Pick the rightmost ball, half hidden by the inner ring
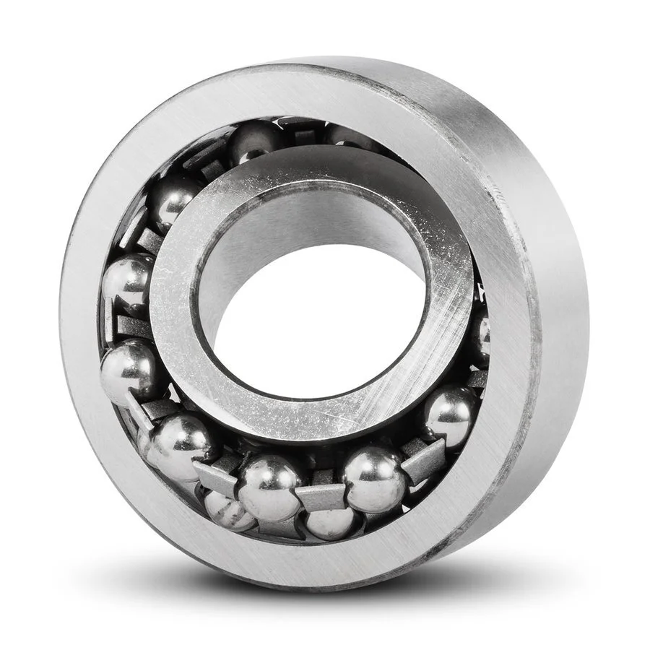[481, 337]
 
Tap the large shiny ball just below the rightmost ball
[449, 416]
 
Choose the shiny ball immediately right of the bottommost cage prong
[374, 478]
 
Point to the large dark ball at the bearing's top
[254, 142]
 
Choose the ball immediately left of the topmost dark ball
[174, 195]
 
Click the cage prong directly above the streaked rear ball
[215, 479]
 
